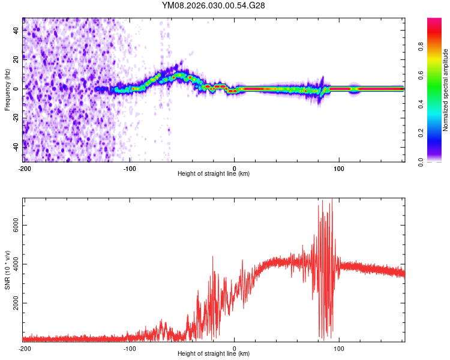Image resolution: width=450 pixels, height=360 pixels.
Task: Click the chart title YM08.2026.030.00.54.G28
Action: point(214,5)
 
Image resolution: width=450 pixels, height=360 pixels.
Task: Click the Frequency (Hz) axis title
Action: point(7,90)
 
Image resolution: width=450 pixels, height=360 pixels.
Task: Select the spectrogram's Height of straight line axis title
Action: point(214,174)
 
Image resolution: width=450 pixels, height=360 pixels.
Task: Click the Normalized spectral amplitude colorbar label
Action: point(445,90)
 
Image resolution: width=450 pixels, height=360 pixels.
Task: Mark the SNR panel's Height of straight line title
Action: point(214,355)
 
